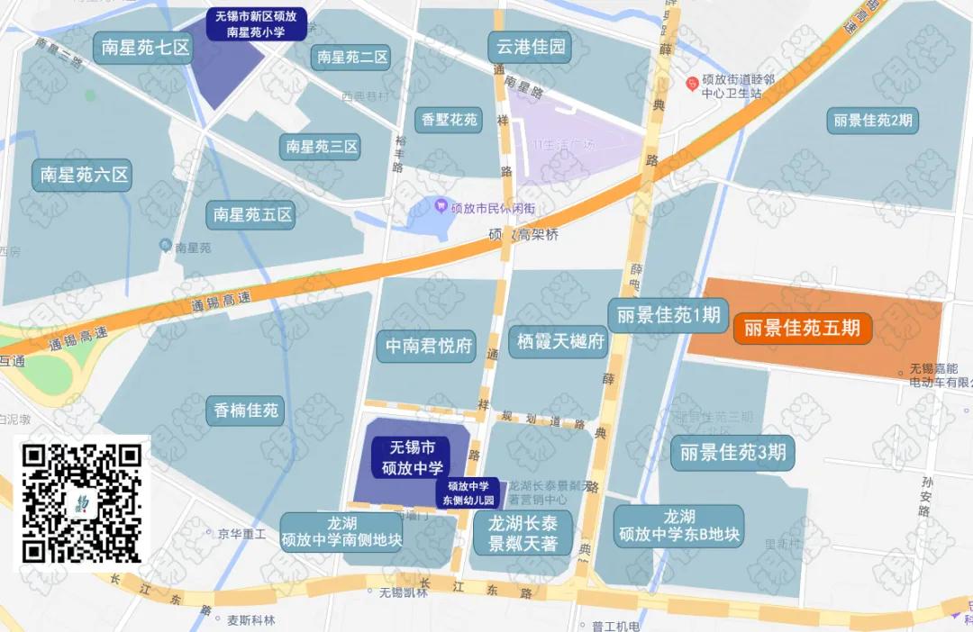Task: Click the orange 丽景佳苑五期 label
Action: click(x=802, y=329)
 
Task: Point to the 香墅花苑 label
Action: click(x=450, y=119)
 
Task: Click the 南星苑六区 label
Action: click(x=86, y=175)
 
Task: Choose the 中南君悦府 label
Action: click(x=430, y=347)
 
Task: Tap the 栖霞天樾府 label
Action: click(x=559, y=341)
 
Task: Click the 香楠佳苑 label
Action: click(x=246, y=411)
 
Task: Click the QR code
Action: click(x=82, y=503)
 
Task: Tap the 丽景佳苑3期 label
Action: click(x=732, y=452)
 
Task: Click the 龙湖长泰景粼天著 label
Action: click(x=523, y=533)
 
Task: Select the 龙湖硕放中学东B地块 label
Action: click(x=679, y=526)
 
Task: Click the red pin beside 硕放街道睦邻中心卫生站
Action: click(x=692, y=85)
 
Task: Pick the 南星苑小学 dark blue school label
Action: click(x=257, y=23)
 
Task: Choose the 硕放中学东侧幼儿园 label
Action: click(x=467, y=492)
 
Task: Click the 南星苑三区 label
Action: click(x=323, y=146)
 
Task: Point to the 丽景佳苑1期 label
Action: click(x=668, y=315)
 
